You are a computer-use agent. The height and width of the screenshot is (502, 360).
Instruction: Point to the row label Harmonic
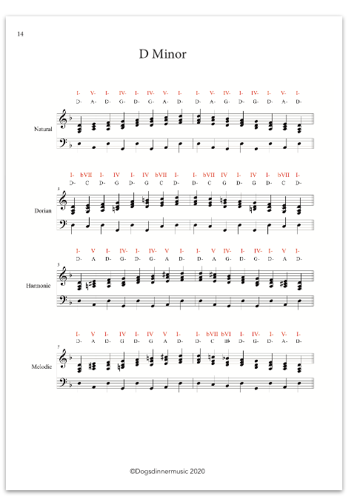(41, 286)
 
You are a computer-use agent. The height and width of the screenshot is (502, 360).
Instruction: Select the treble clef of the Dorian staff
(63, 201)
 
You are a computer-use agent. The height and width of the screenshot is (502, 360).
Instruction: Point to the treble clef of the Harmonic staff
(63, 276)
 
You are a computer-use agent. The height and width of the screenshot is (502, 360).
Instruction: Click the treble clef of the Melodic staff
(63, 358)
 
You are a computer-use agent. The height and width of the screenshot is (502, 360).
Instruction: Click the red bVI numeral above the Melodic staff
(227, 334)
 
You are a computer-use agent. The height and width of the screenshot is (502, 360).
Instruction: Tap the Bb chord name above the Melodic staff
(227, 341)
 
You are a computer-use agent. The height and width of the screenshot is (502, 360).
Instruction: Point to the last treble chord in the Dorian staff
(299, 204)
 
